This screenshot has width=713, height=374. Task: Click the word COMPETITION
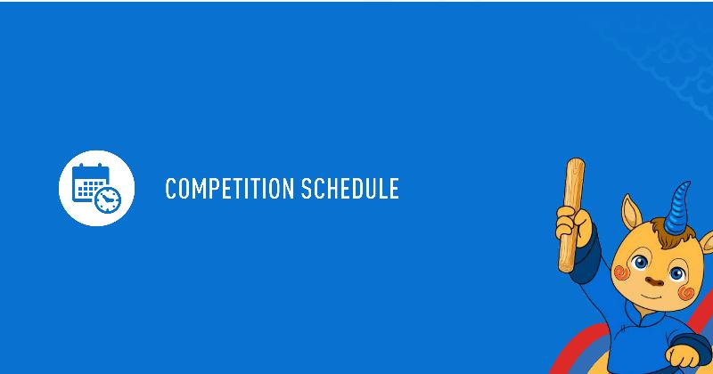[230, 189]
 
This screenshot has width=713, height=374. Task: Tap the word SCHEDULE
[350, 189]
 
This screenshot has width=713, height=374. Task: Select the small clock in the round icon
[108, 200]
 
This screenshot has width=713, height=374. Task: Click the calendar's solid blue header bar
[91, 172]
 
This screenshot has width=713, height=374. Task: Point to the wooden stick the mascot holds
[571, 215]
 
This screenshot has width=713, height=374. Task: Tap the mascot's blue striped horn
[677, 208]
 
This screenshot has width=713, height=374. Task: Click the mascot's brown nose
[654, 281]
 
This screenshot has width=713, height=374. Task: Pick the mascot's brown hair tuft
[672, 232]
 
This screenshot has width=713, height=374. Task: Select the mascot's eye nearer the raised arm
[640, 262]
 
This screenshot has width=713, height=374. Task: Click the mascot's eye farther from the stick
[677, 272]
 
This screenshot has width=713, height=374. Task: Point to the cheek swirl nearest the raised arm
[621, 272]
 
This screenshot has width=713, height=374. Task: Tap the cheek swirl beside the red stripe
[686, 293]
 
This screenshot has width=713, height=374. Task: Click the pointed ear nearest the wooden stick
[632, 212]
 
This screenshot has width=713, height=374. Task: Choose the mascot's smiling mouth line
[652, 297]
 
